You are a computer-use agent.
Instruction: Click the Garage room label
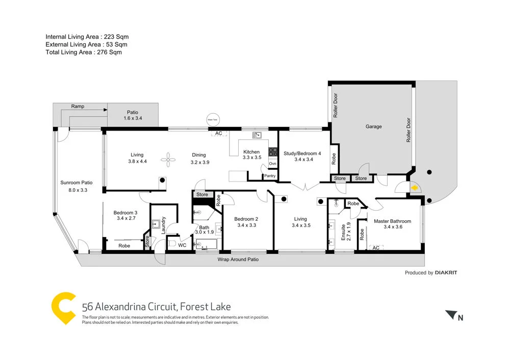[373, 126]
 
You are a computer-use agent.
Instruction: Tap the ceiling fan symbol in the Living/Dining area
[168, 160]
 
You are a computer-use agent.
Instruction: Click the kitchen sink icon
[257, 135]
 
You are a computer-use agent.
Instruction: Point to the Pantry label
[270, 176]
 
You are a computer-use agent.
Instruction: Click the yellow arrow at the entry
[415, 188]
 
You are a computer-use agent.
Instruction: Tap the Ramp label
[78, 107]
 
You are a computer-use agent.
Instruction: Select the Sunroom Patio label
[76, 183]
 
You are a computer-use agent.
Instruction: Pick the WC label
[182, 245]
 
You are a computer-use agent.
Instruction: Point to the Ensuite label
[343, 232]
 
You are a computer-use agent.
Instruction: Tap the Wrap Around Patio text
[238, 259]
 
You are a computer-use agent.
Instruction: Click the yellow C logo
[64, 308]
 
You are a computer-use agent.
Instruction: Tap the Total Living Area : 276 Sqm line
[84, 52]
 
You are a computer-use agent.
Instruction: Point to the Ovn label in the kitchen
[272, 164]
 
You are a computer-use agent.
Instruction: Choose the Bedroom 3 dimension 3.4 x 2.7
[125, 219]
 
